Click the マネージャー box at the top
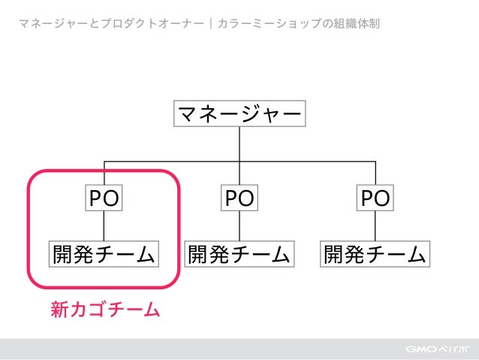(239, 114)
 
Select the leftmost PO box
(104, 198)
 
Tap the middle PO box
(239, 198)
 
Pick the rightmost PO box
(375, 198)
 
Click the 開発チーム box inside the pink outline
(104, 254)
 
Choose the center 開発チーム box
(239, 254)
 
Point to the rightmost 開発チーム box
(375, 254)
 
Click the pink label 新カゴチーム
(105, 309)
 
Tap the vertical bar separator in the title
(212, 23)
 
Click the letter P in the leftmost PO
(95, 198)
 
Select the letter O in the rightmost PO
(383, 198)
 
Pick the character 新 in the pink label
(59, 309)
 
